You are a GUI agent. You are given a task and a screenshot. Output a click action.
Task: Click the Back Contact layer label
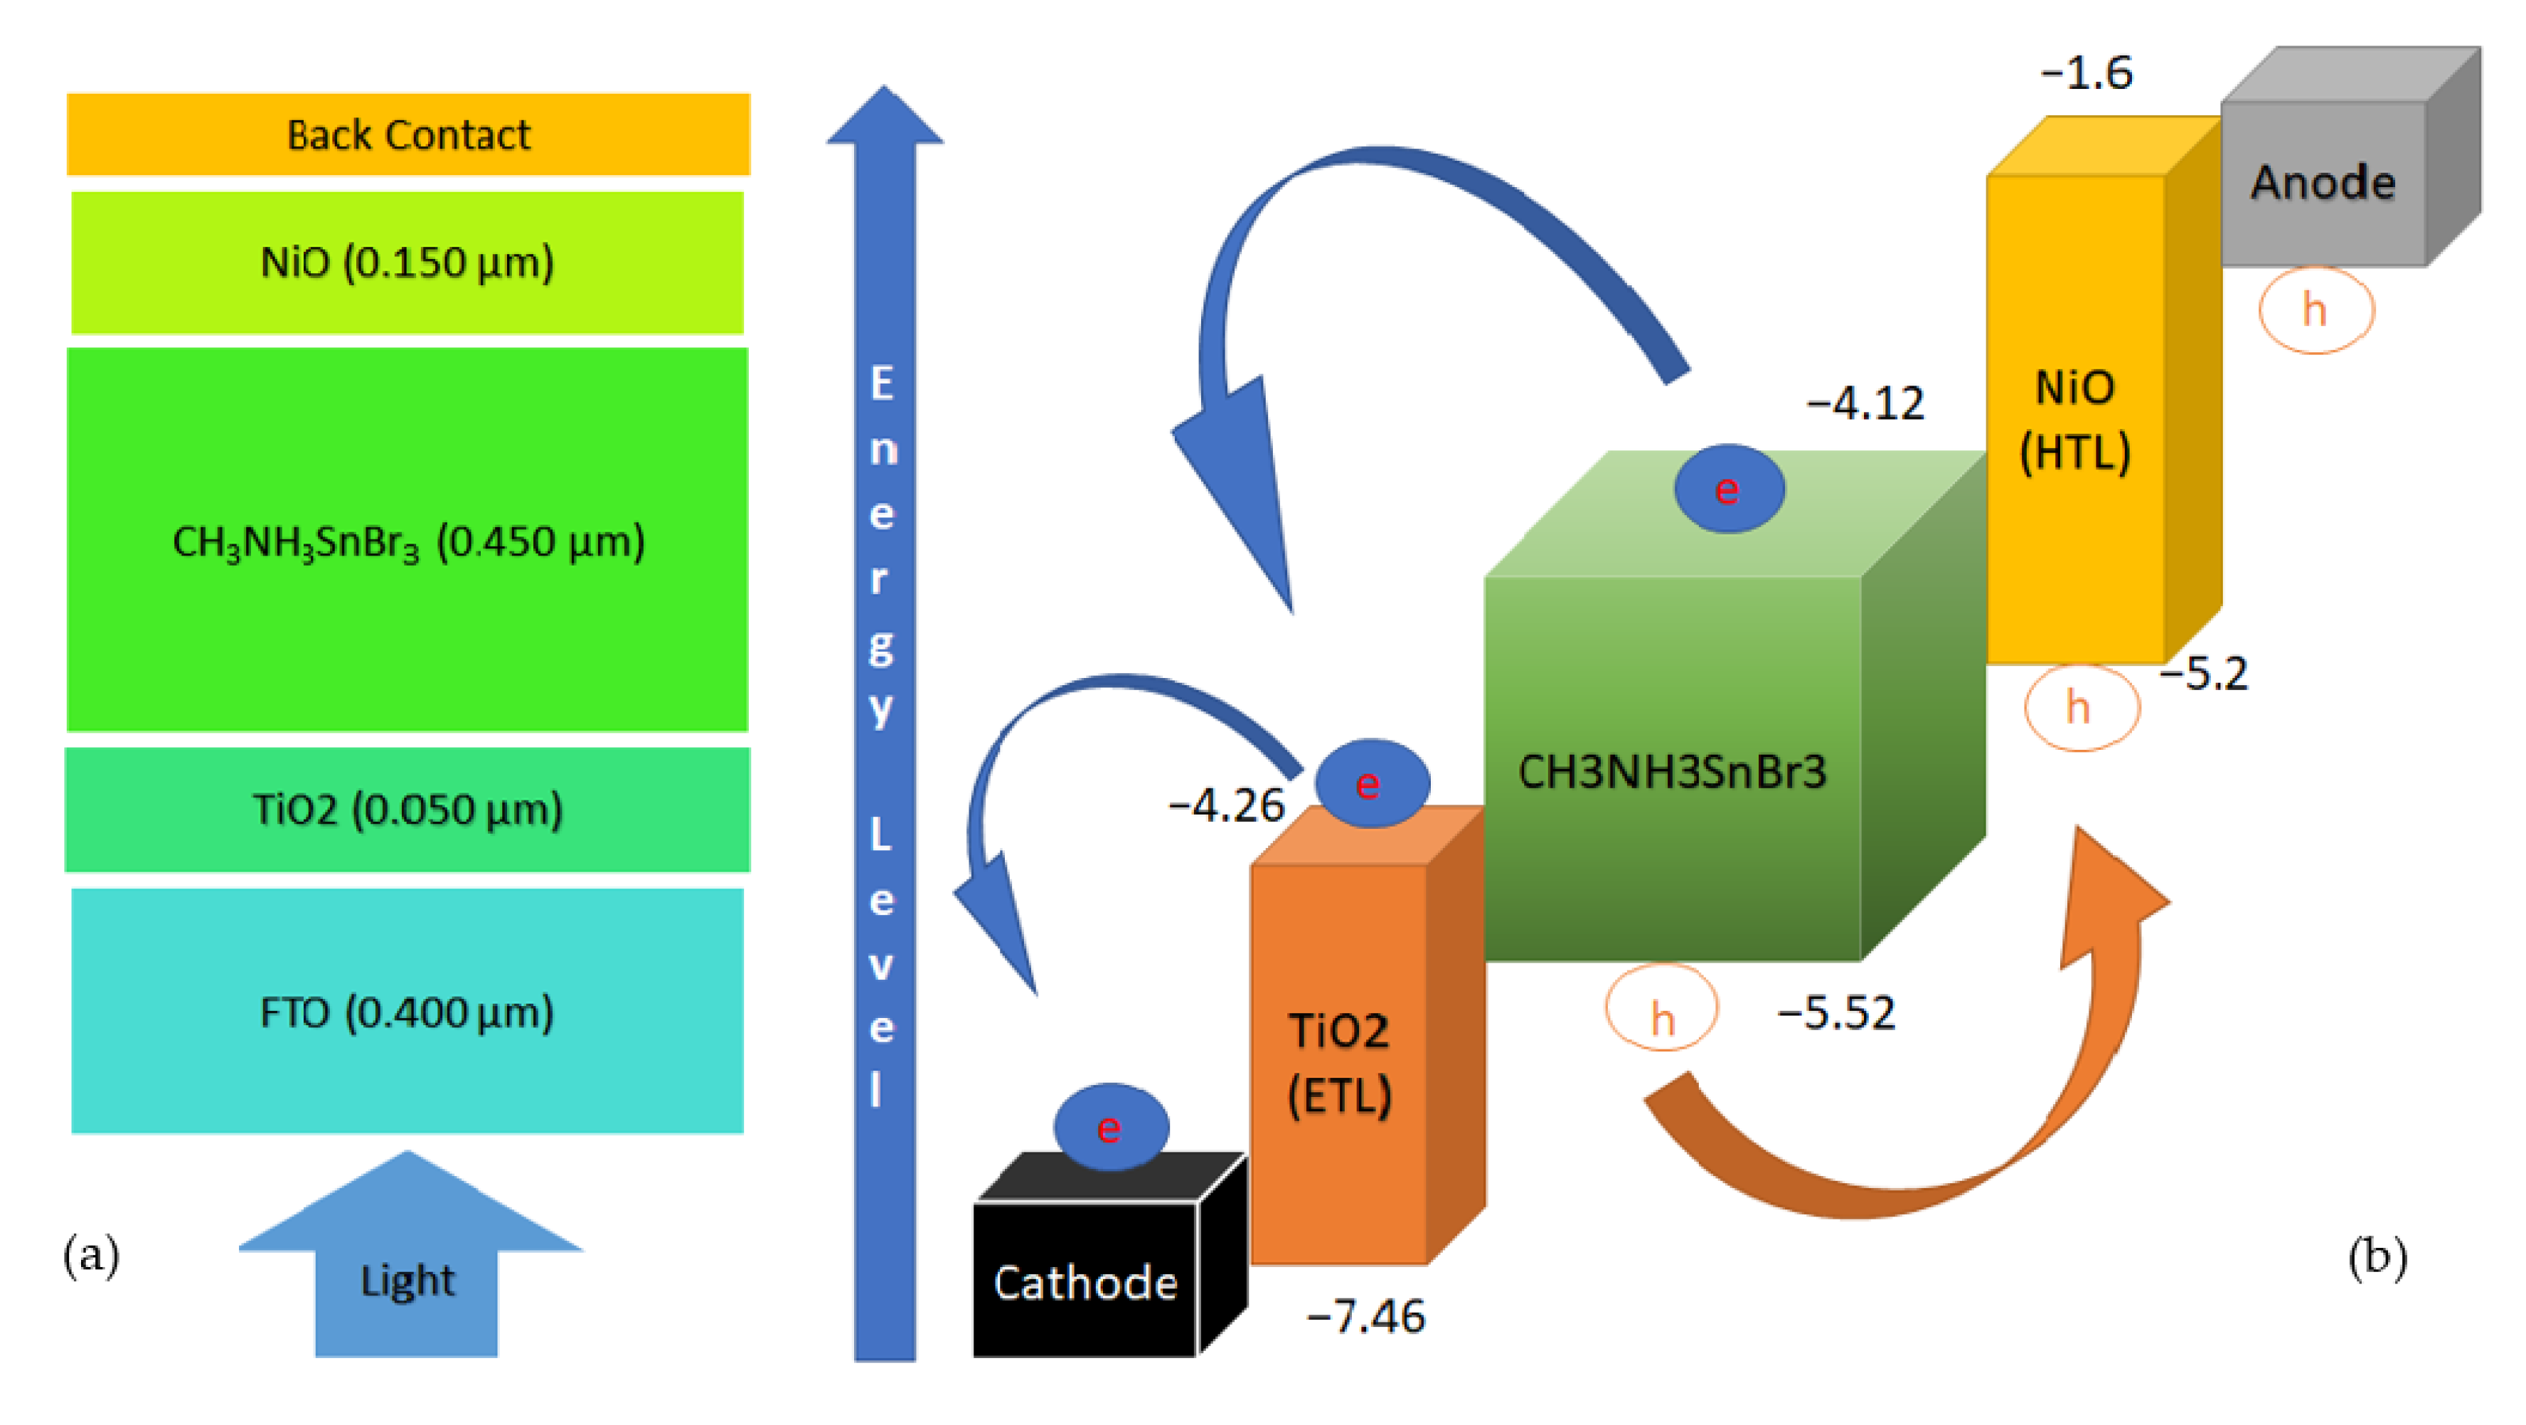pos(408,135)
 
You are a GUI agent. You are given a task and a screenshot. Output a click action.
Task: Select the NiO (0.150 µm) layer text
pos(407,263)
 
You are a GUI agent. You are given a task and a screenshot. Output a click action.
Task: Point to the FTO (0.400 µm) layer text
pos(407,1012)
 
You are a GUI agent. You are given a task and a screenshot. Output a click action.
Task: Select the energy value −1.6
pos(2086,73)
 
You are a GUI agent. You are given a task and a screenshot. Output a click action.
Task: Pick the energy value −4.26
pos(1226,805)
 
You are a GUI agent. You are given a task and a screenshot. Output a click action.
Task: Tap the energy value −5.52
pos(1835,1013)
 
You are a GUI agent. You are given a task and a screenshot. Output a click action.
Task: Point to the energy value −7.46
pos(1366,1316)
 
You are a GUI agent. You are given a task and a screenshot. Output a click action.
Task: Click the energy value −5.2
pos(2202,674)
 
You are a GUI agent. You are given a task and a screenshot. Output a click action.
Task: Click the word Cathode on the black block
pos(1085,1283)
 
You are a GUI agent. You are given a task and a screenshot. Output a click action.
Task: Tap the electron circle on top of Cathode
pos(1110,1127)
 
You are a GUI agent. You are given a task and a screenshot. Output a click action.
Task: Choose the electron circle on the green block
pos(1728,489)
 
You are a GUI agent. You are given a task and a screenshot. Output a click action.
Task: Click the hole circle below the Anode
pos(2315,310)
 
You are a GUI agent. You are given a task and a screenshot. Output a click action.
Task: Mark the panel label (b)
pos(2377,1256)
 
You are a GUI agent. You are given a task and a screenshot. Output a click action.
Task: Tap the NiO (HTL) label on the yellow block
pos(2075,420)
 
